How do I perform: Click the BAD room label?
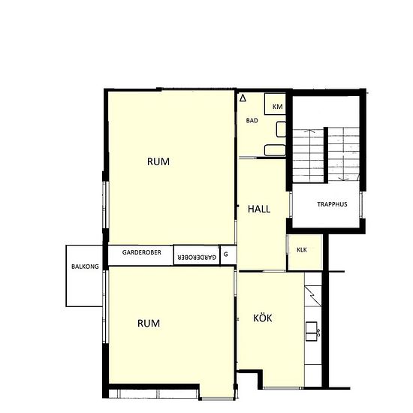coord(252,121)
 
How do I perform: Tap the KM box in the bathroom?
coord(276,104)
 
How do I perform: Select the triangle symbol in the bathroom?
coord(243,98)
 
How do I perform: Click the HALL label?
coord(259,210)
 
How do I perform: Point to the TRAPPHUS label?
coord(332,204)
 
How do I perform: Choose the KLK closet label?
coord(302,250)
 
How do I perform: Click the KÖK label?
coord(263,318)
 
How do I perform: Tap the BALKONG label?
coord(85,267)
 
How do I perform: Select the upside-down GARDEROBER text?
coord(197,258)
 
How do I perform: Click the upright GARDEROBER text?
coord(141,252)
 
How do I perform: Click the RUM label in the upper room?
coord(158,161)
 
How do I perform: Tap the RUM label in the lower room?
coord(149,324)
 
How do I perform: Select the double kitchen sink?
coord(312,331)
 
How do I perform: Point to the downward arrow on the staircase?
coord(343,155)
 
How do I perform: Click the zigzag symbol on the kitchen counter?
coord(312,297)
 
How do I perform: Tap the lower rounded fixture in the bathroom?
coord(275,150)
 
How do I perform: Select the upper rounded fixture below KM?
coord(281,129)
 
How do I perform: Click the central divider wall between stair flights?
coord(326,155)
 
